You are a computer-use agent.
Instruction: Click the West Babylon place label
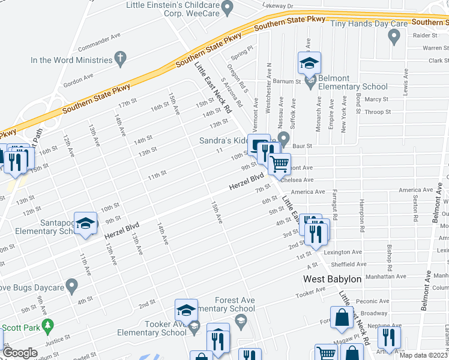point(332,279)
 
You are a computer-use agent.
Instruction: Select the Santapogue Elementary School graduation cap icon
point(86,223)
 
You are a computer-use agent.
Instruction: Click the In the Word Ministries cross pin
point(121,59)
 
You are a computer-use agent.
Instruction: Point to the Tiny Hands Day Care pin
point(394,38)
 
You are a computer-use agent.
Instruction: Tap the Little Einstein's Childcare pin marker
point(227,8)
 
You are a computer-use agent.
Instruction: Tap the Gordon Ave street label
point(79,79)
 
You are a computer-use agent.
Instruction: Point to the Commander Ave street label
point(100,43)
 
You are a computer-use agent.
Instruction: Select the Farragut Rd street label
point(334,207)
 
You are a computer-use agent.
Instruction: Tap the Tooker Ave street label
point(310,293)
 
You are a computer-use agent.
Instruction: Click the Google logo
point(20,353)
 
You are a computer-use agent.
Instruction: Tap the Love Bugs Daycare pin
point(72,286)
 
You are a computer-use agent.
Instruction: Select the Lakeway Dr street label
point(277,7)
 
